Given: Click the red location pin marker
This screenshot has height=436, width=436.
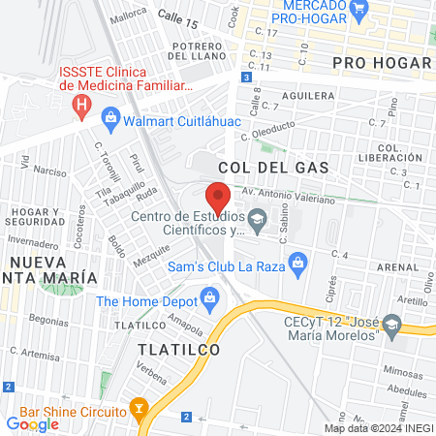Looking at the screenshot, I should click(218, 198).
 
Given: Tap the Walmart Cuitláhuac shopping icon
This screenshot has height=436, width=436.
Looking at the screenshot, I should click(110, 120).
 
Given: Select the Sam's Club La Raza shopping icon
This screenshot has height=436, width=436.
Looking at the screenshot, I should click(298, 261).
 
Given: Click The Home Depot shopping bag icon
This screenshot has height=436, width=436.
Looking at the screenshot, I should click(206, 296).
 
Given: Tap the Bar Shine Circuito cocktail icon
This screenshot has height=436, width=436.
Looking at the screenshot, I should click(140, 408).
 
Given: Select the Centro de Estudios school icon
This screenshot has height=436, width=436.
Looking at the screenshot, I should click(257, 217).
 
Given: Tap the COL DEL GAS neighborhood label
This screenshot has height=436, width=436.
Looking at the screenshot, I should click(273, 168).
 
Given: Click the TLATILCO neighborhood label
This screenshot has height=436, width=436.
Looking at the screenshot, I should click(178, 348).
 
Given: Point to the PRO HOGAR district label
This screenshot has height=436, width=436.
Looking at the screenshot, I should click(381, 64).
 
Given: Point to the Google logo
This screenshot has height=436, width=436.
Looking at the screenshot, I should click(32, 422).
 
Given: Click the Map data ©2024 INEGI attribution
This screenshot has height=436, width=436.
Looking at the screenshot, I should click(378, 428).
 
